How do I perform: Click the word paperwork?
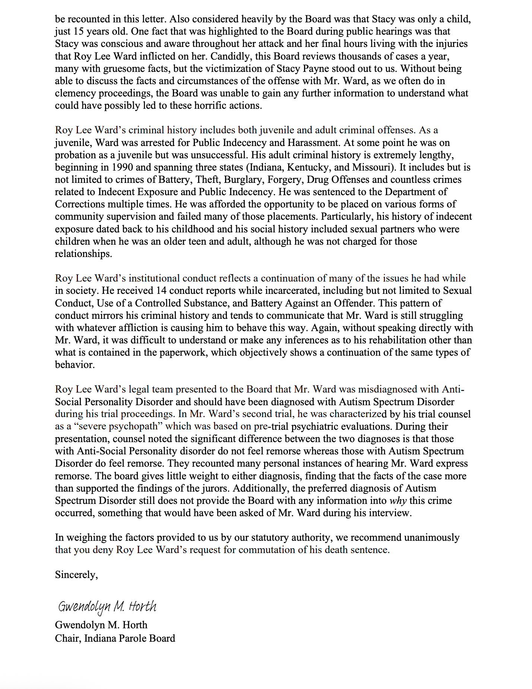(x=183, y=352)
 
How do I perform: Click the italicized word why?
(x=398, y=501)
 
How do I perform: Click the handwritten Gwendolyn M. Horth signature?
(x=107, y=607)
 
